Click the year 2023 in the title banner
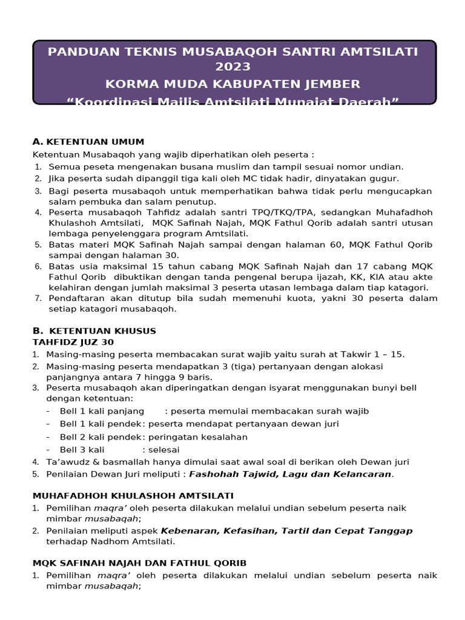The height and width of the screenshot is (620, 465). click(x=232, y=67)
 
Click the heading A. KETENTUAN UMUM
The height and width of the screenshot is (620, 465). click(x=88, y=142)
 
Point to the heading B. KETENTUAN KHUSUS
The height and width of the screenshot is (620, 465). click(x=94, y=331)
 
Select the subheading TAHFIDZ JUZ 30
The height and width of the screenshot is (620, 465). click(x=73, y=342)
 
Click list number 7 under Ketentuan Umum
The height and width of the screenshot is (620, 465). click(x=38, y=298)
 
